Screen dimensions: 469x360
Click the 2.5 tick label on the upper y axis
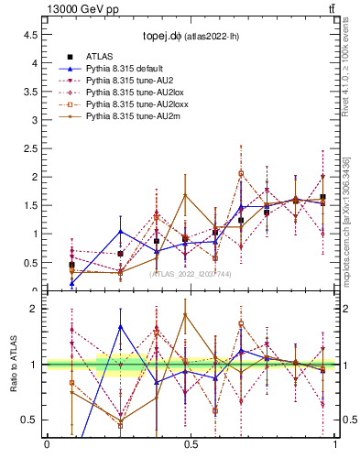30,148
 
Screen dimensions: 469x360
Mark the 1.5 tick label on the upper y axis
30,205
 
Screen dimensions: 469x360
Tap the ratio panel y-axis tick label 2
34,309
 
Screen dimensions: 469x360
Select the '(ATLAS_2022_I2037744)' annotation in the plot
191,273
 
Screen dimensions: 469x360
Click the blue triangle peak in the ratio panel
121,326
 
